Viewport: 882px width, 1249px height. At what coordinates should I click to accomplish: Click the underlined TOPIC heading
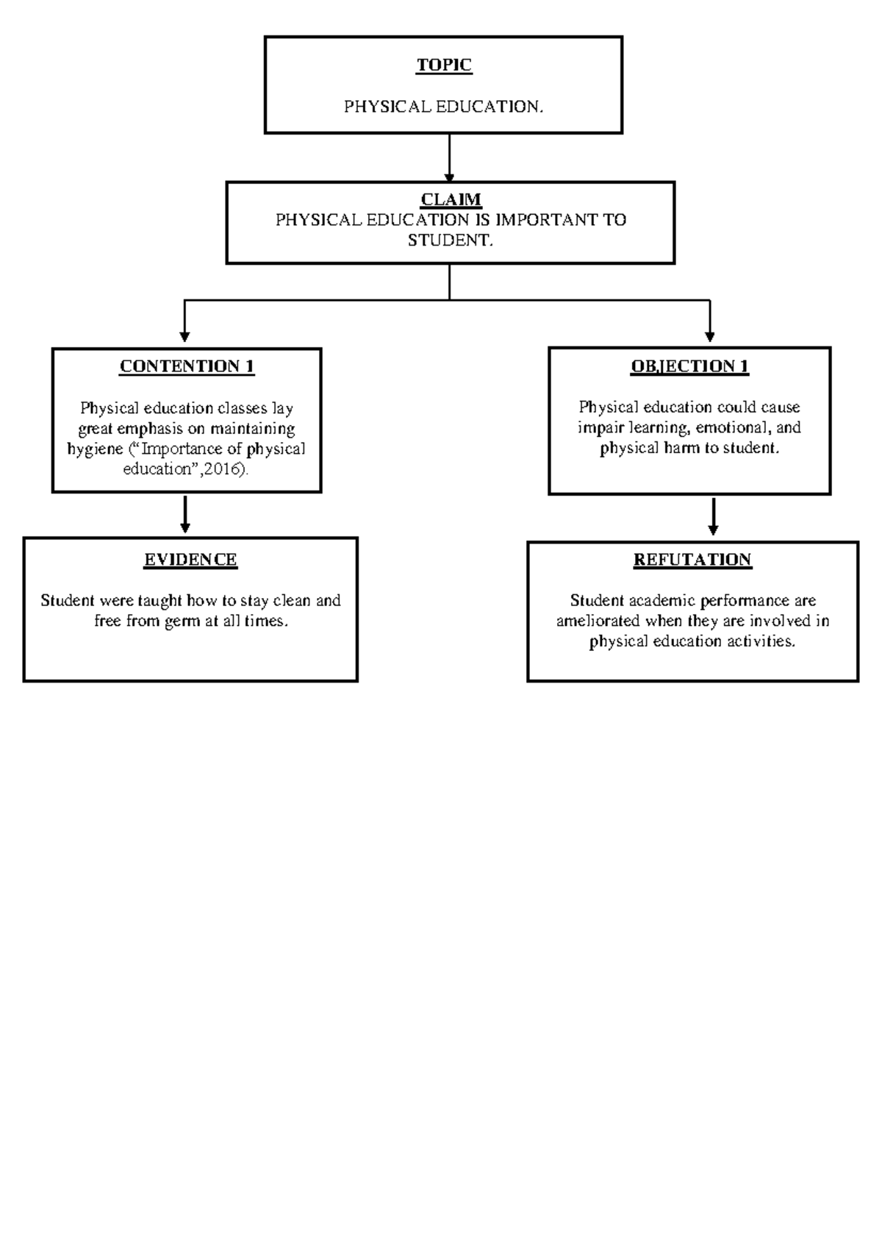click(x=444, y=65)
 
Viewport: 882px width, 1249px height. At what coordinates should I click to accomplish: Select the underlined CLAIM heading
click(x=451, y=199)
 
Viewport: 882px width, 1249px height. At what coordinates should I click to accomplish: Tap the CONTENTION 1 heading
click(x=187, y=366)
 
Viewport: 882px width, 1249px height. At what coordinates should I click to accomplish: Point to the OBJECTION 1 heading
click(x=689, y=366)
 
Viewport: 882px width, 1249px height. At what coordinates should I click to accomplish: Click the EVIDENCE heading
click(x=190, y=560)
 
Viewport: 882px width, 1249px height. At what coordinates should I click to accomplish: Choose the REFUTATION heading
click(x=692, y=560)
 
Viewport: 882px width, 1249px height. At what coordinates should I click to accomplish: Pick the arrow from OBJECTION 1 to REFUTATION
click(x=713, y=516)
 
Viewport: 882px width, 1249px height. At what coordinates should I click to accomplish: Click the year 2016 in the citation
click(x=223, y=469)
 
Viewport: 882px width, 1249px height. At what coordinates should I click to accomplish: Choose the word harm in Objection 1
click(x=683, y=448)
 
